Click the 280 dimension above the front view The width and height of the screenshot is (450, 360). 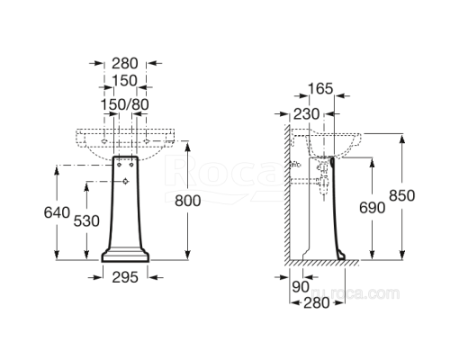[124, 63]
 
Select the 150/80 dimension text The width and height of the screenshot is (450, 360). [124, 106]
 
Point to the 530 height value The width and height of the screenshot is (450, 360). [86, 221]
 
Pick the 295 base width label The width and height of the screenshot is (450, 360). [125, 278]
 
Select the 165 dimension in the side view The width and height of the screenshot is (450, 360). [321, 88]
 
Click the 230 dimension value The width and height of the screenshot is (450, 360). [306, 113]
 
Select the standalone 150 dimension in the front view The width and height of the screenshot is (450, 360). [124, 81]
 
